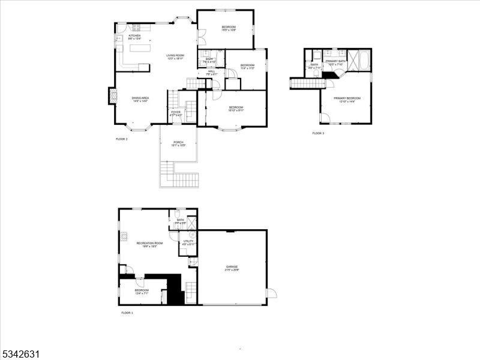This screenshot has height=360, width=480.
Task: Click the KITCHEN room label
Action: [x=134, y=36]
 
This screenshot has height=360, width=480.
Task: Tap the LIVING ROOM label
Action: [x=175, y=56]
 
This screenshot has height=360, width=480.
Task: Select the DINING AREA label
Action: [x=140, y=98]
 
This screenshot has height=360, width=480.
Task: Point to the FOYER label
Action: [x=176, y=112]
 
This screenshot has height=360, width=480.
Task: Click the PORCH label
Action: [x=179, y=142]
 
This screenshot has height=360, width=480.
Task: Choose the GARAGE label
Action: [x=232, y=266]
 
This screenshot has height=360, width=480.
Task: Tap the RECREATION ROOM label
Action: [x=147, y=243]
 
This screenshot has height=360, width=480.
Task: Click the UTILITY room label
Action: [x=188, y=241]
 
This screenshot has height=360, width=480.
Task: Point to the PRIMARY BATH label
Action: [x=335, y=61]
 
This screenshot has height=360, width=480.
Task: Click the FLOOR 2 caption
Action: [x=122, y=139]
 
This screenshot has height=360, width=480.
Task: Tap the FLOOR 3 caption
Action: [x=318, y=133]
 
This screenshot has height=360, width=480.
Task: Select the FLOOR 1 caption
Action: [x=127, y=313]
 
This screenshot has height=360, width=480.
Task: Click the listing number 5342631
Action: [x=20, y=353]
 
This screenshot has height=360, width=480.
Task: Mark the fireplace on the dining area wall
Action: [x=112, y=96]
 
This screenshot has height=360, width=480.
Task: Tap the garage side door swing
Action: [x=271, y=293]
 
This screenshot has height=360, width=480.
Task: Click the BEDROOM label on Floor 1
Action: [x=142, y=290]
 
